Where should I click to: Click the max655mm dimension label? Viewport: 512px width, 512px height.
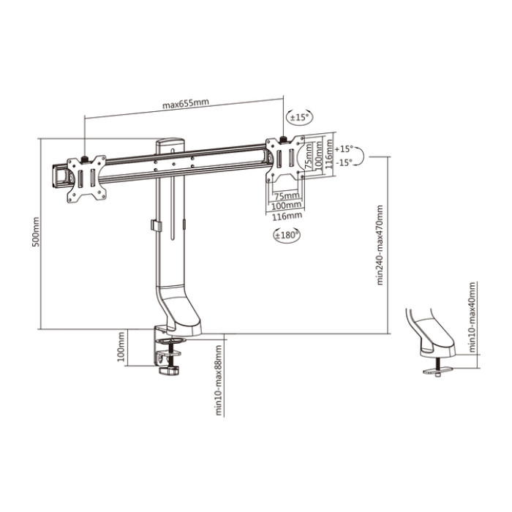tap(186, 104)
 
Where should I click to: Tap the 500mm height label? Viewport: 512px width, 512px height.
tap(36, 232)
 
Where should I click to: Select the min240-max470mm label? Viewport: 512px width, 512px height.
tap(380, 245)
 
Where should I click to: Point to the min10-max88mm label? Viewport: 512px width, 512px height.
tap(219, 380)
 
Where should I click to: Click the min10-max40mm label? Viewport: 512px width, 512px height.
tap(473, 317)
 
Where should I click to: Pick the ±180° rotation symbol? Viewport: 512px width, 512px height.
tap(287, 235)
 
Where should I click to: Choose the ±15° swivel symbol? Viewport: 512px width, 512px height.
tap(299, 117)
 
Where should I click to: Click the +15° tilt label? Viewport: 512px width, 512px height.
tap(344, 149)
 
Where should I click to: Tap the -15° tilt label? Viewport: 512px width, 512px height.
tap(345, 162)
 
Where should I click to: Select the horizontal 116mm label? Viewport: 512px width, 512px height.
tap(287, 216)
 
